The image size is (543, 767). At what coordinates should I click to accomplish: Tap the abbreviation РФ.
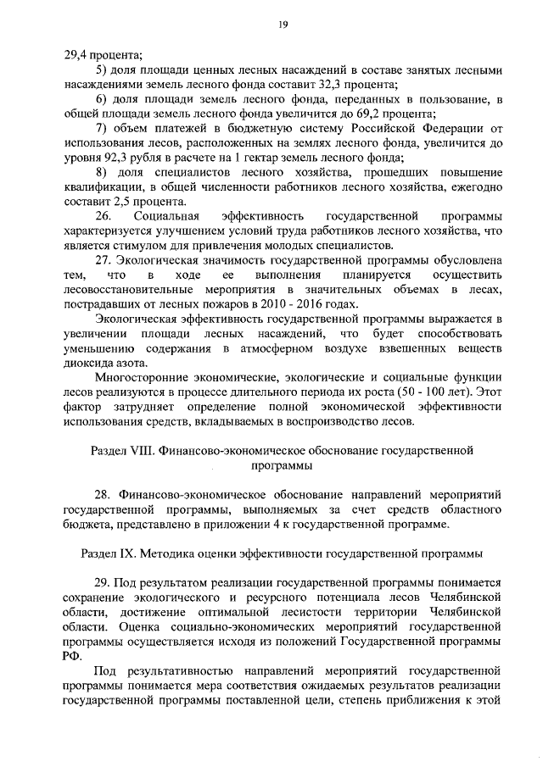tap(72, 655)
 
